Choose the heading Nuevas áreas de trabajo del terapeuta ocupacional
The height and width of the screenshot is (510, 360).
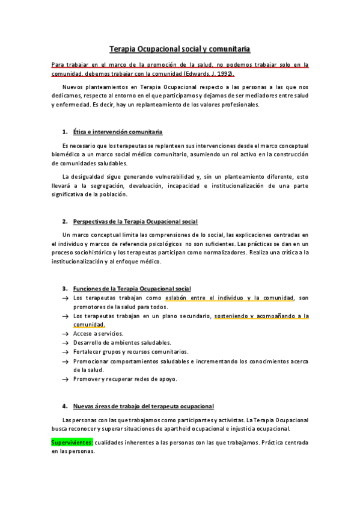click(143, 406)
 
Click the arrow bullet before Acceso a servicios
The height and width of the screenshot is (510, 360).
click(65, 333)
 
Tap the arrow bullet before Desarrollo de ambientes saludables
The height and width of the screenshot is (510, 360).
click(65, 343)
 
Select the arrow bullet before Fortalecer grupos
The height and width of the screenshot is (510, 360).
click(65, 352)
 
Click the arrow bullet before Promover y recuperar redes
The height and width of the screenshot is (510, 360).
click(65, 379)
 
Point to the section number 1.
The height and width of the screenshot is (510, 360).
click(64, 131)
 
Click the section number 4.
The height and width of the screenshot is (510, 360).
click(64, 406)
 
